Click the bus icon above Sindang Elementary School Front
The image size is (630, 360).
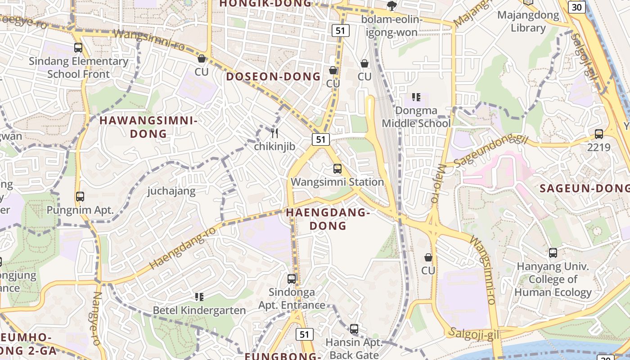[78, 48]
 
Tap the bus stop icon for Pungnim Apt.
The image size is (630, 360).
[80, 197]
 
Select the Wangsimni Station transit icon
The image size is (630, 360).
[337, 169]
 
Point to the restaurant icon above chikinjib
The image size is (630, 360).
[274, 133]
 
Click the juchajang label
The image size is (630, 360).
[171, 191]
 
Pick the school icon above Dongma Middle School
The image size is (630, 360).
[416, 97]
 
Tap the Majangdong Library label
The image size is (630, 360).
[528, 22]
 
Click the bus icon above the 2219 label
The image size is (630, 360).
[599, 134]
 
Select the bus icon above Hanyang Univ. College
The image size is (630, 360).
[553, 253]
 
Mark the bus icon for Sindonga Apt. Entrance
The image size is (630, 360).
[292, 279]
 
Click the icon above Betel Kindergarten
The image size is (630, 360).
[199, 297]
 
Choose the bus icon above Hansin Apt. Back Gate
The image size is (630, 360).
[354, 329]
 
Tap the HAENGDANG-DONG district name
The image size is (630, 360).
[328, 219]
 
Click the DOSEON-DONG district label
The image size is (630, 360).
[273, 76]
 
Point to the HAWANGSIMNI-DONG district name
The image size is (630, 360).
[148, 127]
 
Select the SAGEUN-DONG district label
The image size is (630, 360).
[584, 189]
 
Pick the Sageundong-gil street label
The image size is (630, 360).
[490, 150]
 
